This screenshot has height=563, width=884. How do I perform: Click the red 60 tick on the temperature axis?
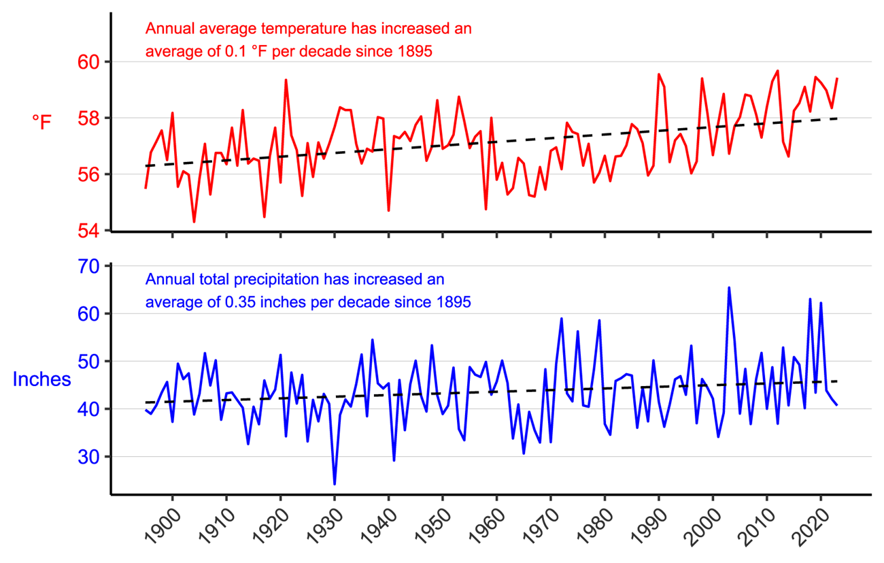(x=90, y=62)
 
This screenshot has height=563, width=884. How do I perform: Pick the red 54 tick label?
(x=90, y=231)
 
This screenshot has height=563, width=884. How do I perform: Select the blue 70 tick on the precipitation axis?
(x=90, y=266)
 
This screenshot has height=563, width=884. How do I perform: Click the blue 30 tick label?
(x=90, y=457)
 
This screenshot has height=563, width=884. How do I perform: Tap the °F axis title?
(x=41, y=122)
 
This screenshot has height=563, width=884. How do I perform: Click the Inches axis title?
(x=41, y=379)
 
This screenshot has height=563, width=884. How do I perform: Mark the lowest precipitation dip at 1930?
(x=335, y=484)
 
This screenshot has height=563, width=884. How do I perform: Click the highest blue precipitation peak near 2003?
(x=729, y=287)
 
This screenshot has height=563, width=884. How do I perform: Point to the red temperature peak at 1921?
(x=286, y=80)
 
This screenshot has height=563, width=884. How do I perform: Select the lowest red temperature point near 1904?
(x=194, y=222)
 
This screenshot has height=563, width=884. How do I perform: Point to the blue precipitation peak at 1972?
(x=562, y=319)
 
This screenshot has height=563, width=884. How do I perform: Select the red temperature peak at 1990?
(x=658, y=74)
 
